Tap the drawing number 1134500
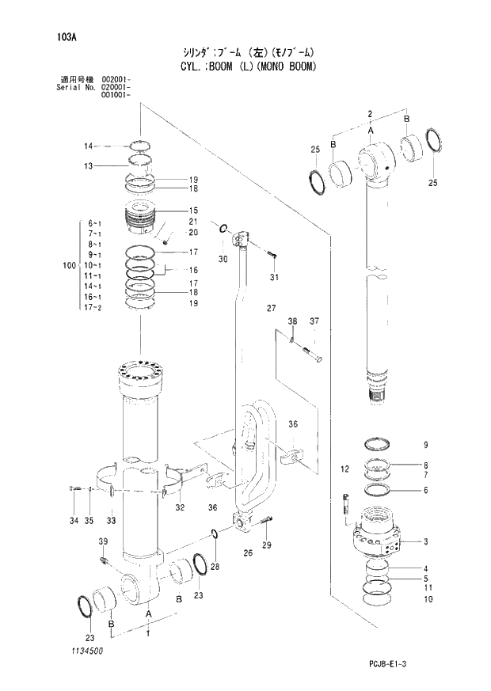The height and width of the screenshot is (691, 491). (x=86, y=651)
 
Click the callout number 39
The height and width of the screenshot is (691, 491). (x=103, y=541)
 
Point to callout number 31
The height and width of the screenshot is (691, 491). (x=274, y=277)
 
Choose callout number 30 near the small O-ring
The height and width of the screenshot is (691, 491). (x=223, y=259)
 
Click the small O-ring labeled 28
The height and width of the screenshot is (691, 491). (x=215, y=534)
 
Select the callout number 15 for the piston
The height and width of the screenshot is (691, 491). (x=193, y=211)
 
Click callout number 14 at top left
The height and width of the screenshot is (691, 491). (x=89, y=146)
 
